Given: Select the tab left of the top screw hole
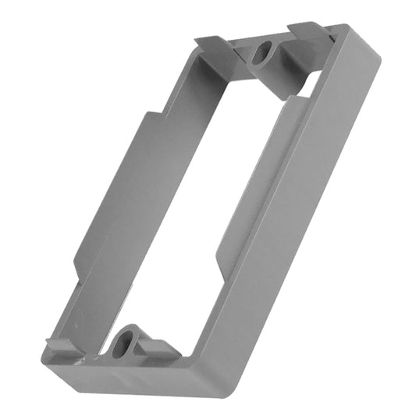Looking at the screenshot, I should [x=213, y=45].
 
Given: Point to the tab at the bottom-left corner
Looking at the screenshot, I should [x=58, y=346].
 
